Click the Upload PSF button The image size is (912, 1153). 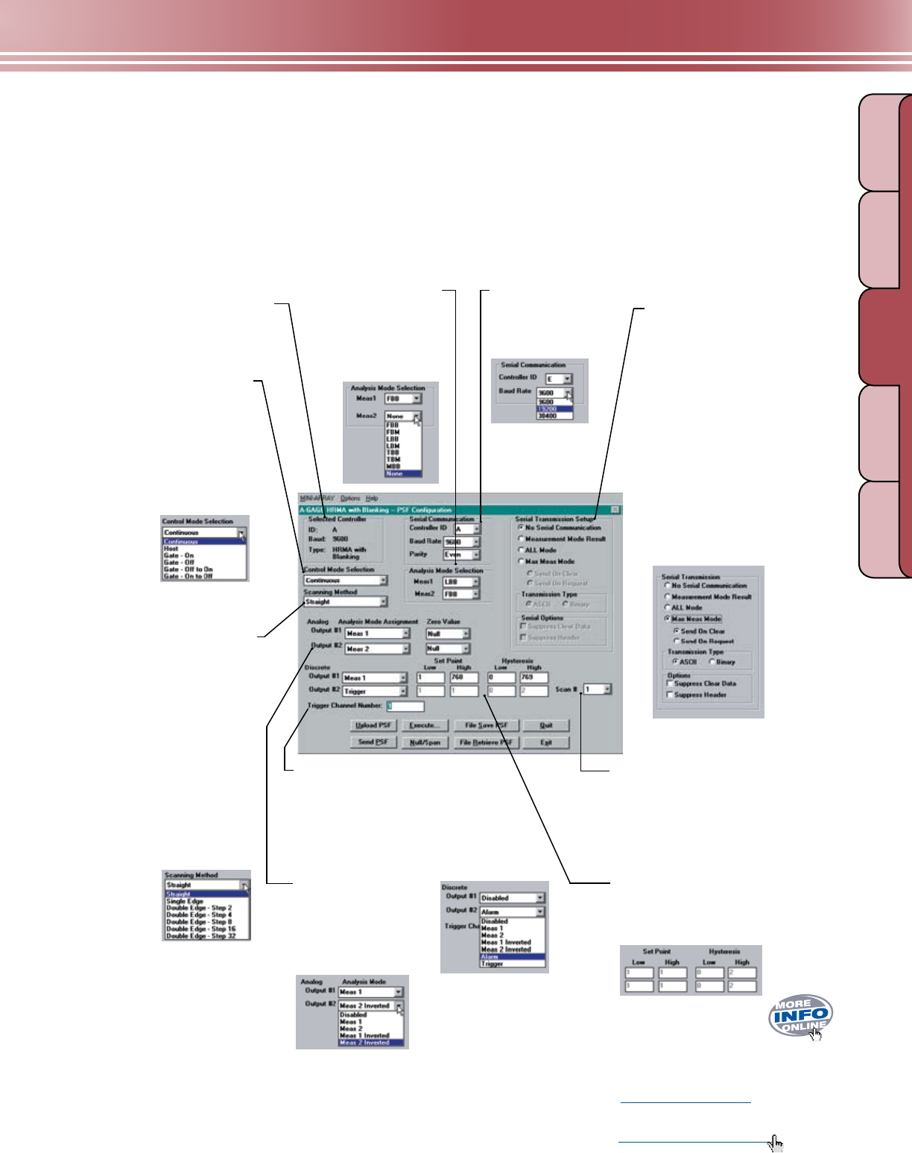(373, 725)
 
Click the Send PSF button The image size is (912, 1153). (373, 742)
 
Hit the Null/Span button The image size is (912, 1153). (425, 742)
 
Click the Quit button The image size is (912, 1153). (546, 725)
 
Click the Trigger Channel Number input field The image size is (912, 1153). (405, 706)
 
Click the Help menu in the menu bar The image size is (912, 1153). (372, 498)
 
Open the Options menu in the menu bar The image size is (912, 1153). (350, 498)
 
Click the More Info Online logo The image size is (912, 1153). (801, 1015)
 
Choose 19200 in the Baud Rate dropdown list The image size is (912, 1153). (554, 409)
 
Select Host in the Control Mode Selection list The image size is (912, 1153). (171, 549)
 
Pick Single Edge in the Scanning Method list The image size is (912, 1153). (185, 901)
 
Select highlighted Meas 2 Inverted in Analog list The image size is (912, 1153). (364, 1043)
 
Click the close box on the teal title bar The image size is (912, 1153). (615, 509)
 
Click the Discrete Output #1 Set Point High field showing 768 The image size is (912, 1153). (463, 677)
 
